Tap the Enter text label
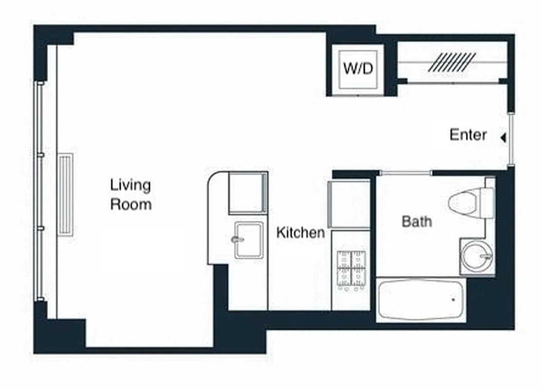point(468,135)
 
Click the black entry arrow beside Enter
point(503,138)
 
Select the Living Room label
point(130,195)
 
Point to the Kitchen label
point(300,233)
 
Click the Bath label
point(416,221)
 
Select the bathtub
point(421,300)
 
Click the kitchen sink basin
point(248,240)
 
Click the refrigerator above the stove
point(350,204)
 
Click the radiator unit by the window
point(65,195)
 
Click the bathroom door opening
point(406,173)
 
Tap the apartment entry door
point(510,139)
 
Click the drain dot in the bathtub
point(453,300)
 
